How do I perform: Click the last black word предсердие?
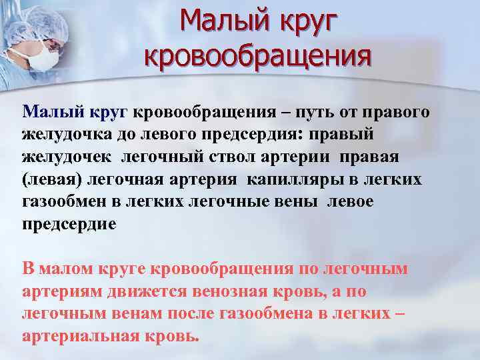pyautogui.click(x=69, y=224)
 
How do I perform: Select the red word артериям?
pyautogui.click(x=59, y=291)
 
